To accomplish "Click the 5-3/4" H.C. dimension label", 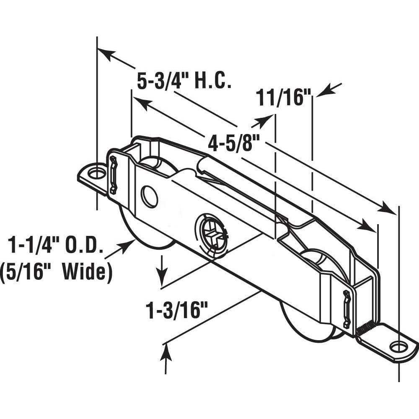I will tap(184, 80).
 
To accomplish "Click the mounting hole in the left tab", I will tap(97, 173).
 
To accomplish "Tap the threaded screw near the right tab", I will tap(367, 329).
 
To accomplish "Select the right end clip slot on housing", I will tap(346, 308).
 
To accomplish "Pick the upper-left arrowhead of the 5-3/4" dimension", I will tap(105, 53).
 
